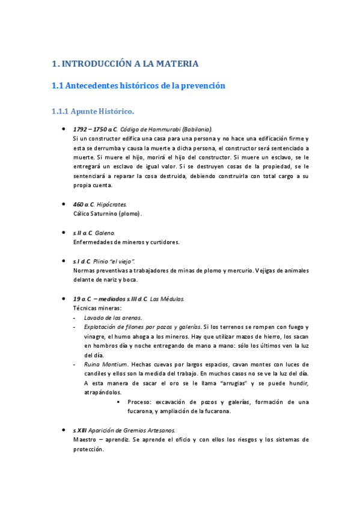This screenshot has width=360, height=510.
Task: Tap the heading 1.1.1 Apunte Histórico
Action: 93,111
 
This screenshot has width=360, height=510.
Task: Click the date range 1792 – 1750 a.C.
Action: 95,129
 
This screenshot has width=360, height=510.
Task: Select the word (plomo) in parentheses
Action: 130,214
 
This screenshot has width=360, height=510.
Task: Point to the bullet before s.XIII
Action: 64,431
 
